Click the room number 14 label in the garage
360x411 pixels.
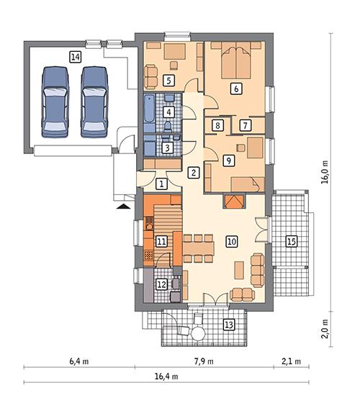(x=76, y=55)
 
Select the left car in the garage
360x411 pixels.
(x=56, y=100)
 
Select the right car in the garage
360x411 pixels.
(x=93, y=100)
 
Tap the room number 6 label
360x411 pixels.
(x=235, y=89)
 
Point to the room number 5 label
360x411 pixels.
(x=169, y=80)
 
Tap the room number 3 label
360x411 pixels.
(x=167, y=148)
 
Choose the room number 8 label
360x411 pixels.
(x=217, y=125)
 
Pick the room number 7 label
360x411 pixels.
(x=246, y=125)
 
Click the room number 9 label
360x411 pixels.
(x=228, y=161)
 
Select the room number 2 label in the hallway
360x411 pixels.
(x=193, y=172)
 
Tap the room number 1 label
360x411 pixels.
(x=162, y=184)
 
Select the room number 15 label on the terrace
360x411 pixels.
(x=292, y=241)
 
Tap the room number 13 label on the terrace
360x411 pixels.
(x=229, y=325)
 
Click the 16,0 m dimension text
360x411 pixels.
(x=325, y=173)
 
